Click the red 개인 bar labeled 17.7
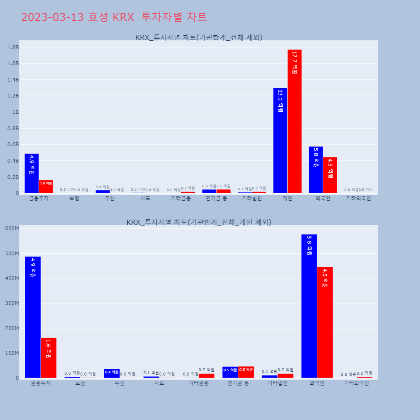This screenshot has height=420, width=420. pyautogui.click(x=294, y=121)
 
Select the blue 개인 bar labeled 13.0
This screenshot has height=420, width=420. pyautogui.click(x=280, y=141)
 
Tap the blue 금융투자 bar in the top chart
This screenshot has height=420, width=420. pyautogui.click(x=31, y=173)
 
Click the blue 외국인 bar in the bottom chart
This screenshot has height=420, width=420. pyautogui.click(x=309, y=306)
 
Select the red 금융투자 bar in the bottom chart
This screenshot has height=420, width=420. pyautogui.click(x=48, y=358)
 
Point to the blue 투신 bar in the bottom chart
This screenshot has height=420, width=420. pyautogui.click(x=112, y=373)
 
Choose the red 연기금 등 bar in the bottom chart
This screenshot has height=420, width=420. pyautogui.click(x=246, y=372)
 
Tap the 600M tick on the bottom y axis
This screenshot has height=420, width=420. pyautogui.click(x=11, y=228)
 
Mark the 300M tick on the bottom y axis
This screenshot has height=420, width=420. pyautogui.click(x=11, y=303)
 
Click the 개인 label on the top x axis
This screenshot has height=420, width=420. pyautogui.click(x=287, y=198)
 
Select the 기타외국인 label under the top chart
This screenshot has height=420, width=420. pyautogui.click(x=358, y=198)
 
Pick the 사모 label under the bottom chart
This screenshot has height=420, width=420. pyautogui.click(x=159, y=383)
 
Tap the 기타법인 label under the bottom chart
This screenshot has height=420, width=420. pyautogui.click(x=277, y=383)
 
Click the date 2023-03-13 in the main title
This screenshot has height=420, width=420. pyautogui.click(x=53, y=17)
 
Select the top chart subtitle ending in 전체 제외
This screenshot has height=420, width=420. pyautogui.click(x=199, y=37)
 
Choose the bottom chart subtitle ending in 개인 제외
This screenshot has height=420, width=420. pyautogui.click(x=199, y=222)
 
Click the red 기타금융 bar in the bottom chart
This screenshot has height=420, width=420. pyautogui.click(x=206, y=375)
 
